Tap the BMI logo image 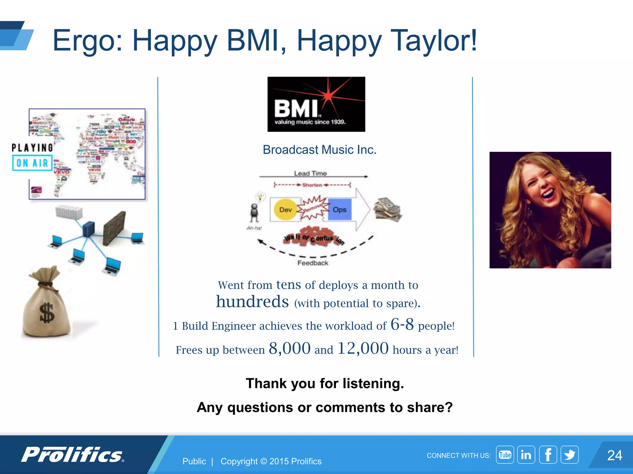pos(316,104)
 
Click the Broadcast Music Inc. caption pos(319,150)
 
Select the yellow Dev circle pos(285,210)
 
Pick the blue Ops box pos(339,210)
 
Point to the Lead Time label pos(310,173)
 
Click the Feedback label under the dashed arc pos(312,263)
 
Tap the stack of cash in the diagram pos(388,210)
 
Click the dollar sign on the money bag pos(47,313)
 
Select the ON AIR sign pos(32,163)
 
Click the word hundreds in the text pos(252,302)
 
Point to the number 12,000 pos(363,349)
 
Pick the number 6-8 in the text pos(402,325)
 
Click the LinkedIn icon pos(526,455)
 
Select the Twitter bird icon pos(570,455)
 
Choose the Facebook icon pos(548,455)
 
